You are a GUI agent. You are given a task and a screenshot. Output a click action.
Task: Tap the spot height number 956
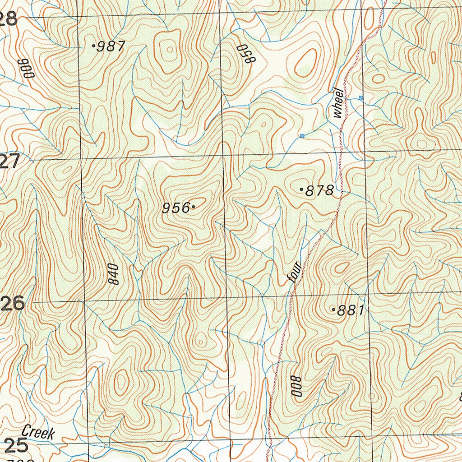coord(176,208)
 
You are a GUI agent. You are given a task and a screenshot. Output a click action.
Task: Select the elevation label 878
coord(319,191)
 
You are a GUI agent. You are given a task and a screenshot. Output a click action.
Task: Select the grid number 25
coord(16,445)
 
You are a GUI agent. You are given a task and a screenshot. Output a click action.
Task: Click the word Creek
coord(38,433)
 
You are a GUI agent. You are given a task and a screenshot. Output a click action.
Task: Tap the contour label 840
coord(113,274)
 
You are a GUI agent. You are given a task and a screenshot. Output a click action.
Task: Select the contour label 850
coord(244,54)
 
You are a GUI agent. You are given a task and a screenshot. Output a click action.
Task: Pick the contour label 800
coord(296,386)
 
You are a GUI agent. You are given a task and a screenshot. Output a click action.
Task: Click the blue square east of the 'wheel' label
coord(361,97)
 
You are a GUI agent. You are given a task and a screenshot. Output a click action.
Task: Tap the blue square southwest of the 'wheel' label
coord(302,135)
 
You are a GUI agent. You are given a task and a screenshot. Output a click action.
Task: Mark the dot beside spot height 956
coord(193,207)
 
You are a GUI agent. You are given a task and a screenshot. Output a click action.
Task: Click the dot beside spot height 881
coord(333,310)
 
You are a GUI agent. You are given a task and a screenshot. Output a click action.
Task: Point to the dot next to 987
coord(93,46)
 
